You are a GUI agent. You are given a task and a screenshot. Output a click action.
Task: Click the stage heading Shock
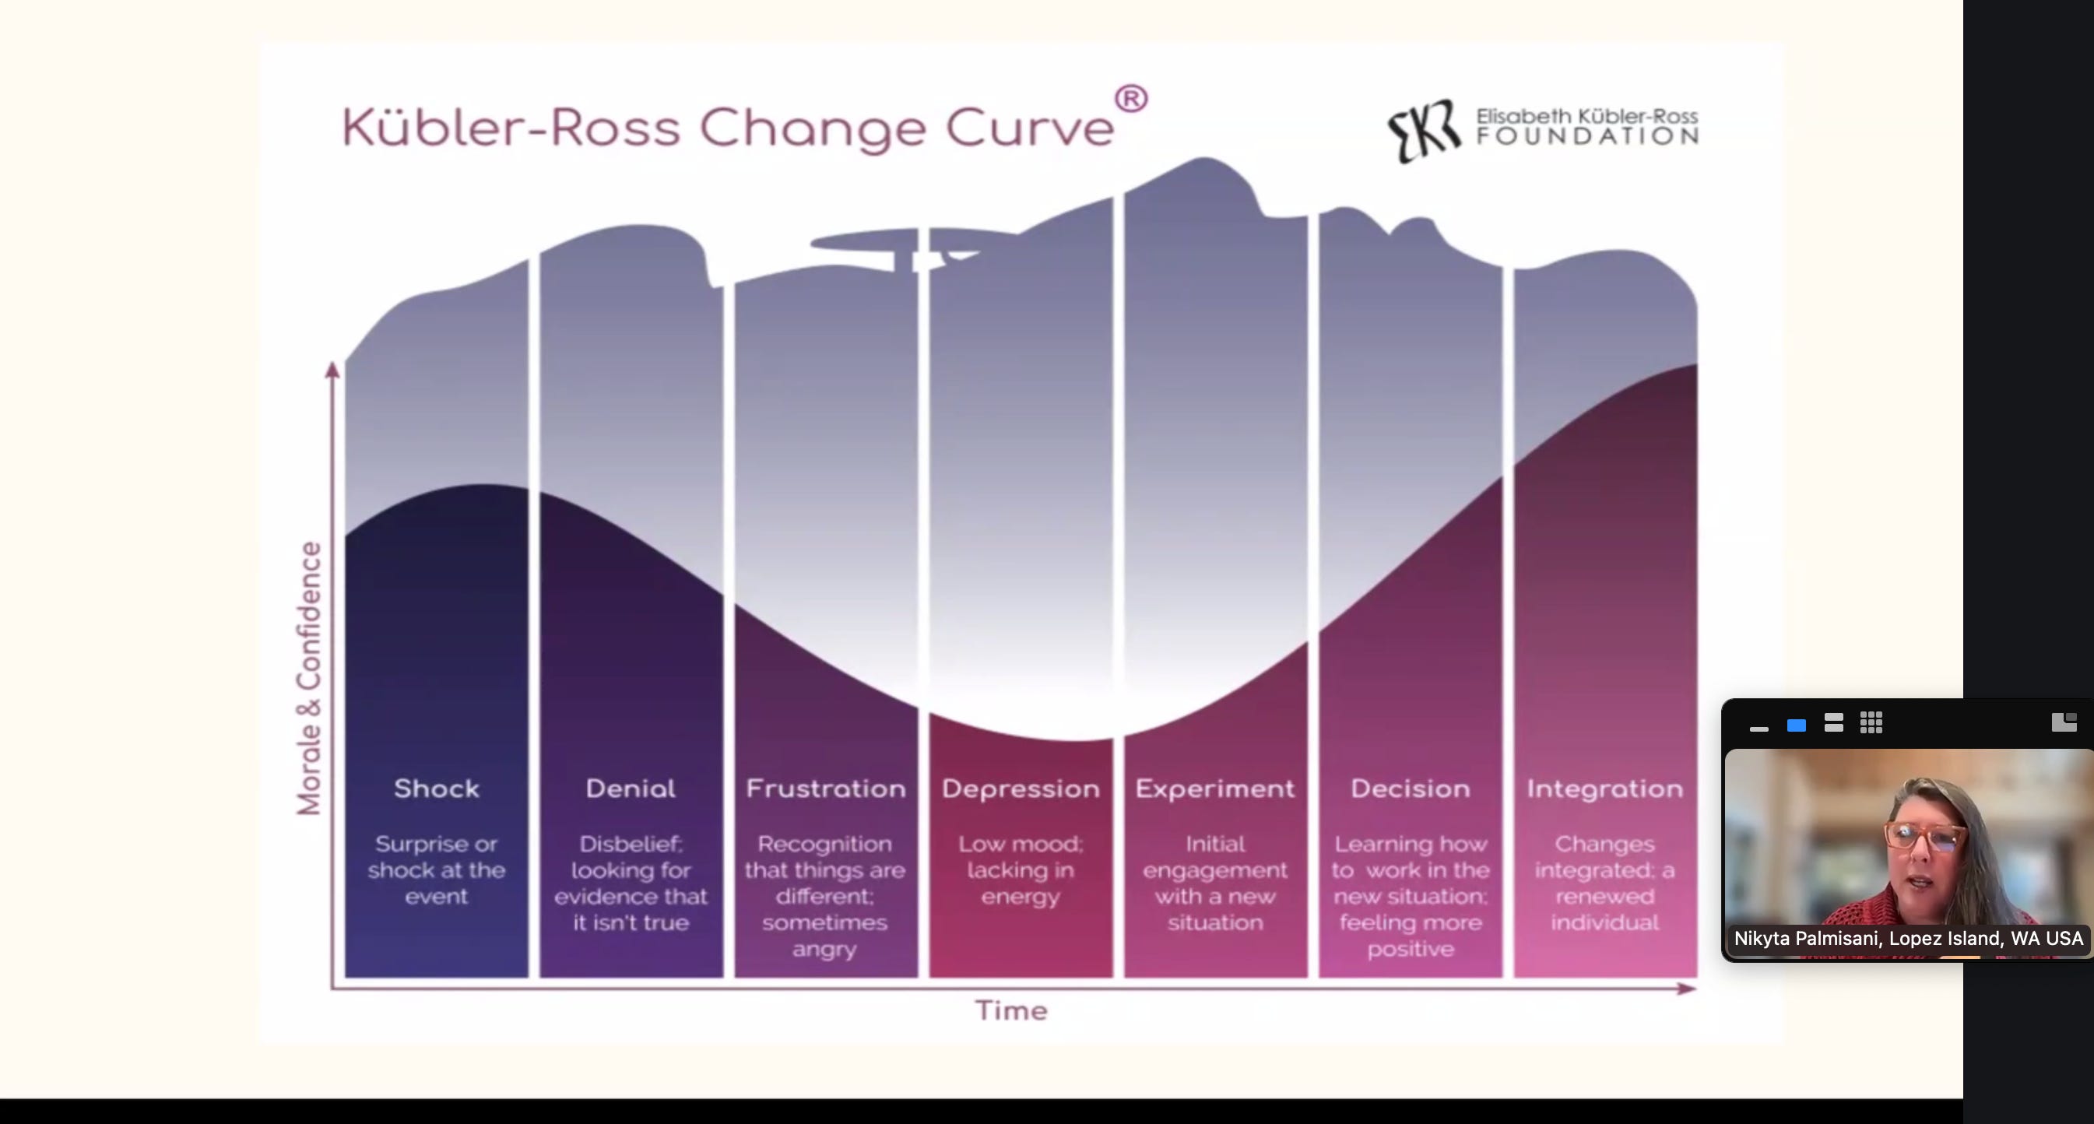coord(437,789)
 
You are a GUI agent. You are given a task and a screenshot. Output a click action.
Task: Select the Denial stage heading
coord(630,789)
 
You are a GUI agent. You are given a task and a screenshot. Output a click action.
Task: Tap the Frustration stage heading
coord(825,789)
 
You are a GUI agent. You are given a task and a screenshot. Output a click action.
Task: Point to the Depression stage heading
coord(1021,789)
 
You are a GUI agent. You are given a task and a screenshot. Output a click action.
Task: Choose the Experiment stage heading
coord(1214,789)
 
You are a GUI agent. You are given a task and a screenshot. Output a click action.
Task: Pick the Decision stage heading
coord(1410,789)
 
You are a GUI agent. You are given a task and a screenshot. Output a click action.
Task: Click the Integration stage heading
coord(1604,789)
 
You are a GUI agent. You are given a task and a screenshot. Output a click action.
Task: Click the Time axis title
coord(1011,1010)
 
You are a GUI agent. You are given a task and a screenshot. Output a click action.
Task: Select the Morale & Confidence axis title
coord(309,678)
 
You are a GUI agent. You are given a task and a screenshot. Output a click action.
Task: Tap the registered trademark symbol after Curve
coord(1131,99)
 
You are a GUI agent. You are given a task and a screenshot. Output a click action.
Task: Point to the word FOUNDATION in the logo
coord(1586,136)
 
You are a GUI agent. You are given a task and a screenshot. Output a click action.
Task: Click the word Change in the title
coord(812,128)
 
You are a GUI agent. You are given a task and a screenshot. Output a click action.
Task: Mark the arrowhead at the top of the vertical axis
coord(332,370)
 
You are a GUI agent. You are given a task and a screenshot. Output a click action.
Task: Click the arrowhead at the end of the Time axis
coord(1687,989)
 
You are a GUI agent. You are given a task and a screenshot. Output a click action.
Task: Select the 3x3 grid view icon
coord(1871,723)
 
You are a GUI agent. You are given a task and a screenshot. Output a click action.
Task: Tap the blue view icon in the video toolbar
coord(1796,725)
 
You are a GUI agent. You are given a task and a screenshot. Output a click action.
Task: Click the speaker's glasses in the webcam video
coord(1925,836)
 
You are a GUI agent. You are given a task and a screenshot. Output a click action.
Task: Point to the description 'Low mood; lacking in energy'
coord(1021,869)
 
